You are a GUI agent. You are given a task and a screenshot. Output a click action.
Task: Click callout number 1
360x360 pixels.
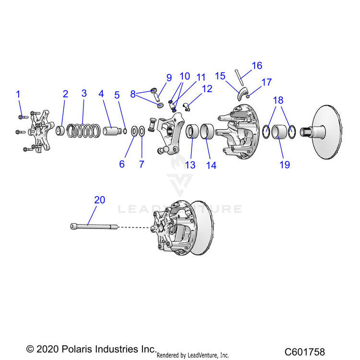[18, 94]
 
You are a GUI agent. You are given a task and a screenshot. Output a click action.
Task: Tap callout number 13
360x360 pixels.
[191, 165]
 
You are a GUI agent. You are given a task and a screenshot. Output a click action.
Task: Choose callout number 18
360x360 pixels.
[278, 100]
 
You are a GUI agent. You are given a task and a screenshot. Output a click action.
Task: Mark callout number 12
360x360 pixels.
[207, 89]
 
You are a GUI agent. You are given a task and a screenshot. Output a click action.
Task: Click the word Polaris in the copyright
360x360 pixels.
[74, 348]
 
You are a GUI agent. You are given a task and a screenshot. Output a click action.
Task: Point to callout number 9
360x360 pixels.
[168, 77]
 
